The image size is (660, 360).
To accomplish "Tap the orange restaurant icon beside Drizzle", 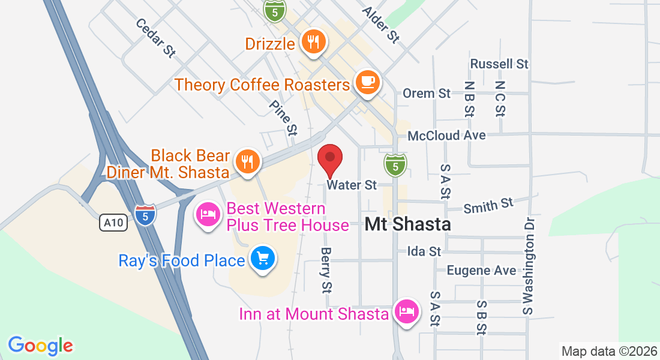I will point(313,41).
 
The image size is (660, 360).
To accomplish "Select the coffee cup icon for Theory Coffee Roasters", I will point(367,82).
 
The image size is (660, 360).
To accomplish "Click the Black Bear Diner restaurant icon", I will point(247,161).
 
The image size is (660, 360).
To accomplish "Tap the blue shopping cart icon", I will point(263,259).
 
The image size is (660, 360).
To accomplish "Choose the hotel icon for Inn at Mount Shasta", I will point(406,311).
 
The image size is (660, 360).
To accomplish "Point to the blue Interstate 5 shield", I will point(145,214).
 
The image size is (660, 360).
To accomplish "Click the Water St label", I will point(352,185).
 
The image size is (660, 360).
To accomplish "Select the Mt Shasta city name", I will point(408,224).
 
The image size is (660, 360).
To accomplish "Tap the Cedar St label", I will point(155,38).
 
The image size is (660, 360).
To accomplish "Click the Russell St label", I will point(499,64).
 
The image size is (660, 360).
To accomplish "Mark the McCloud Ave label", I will point(446,136).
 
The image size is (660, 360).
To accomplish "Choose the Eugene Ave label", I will point(481,271).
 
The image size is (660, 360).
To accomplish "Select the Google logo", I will point(40,345).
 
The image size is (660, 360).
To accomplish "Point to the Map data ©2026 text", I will point(608,351).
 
